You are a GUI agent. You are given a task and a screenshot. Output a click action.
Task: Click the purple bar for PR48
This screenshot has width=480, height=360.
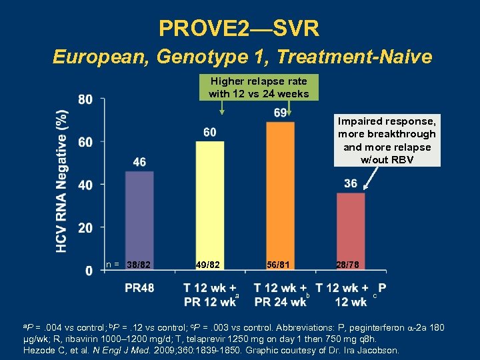pyautogui.click(x=139, y=220)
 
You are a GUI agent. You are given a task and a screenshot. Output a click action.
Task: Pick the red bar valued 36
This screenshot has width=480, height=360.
pyautogui.click(x=351, y=231)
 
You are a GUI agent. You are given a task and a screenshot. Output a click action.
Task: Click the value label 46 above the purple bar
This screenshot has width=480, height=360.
pyautogui.click(x=139, y=162)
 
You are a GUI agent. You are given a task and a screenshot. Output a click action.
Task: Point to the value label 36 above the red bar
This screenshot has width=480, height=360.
pyautogui.click(x=351, y=183)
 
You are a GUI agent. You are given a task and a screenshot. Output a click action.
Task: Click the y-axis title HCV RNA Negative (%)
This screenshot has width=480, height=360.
pyautogui.click(x=62, y=181)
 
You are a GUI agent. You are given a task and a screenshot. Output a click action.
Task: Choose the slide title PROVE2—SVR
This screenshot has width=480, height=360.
pyautogui.click(x=239, y=28)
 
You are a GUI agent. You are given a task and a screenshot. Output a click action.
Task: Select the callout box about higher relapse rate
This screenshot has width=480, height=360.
pyautogui.click(x=259, y=87)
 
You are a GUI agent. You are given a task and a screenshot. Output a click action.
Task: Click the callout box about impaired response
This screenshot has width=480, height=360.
pyautogui.click(x=387, y=141)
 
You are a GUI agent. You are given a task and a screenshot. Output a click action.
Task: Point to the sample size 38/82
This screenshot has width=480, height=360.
pyautogui.click(x=141, y=265)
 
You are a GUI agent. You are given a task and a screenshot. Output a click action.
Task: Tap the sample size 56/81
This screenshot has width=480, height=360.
pyautogui.click(x=279, y=265)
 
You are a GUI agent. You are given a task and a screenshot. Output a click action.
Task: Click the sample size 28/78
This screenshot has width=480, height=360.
pyautogui.click(x=347, y=265)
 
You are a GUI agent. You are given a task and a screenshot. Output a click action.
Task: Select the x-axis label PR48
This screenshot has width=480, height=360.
pyautogui.click(x=139, y=288)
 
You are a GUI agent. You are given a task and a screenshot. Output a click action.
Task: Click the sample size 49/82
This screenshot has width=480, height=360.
pyautogui.click(x=208, y=265)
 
